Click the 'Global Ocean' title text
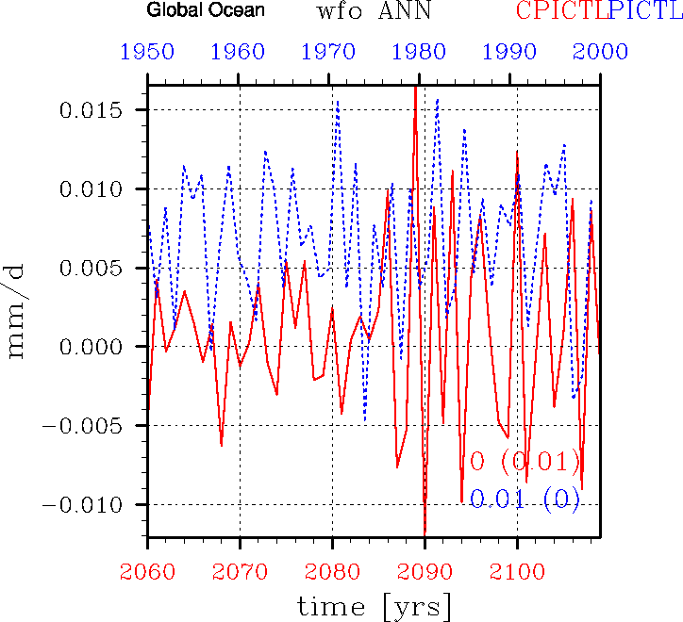tap(206, 12)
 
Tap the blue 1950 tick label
tap(147, 52)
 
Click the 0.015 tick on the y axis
tap(92, 110)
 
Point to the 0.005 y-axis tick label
tap(92, 269)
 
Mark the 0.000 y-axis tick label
tap(92, 347)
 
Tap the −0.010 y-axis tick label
tap(86, 504)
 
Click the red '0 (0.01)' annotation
tap(525, 462)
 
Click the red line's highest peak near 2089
tap(415, 88)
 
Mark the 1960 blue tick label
tap(239, 52)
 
